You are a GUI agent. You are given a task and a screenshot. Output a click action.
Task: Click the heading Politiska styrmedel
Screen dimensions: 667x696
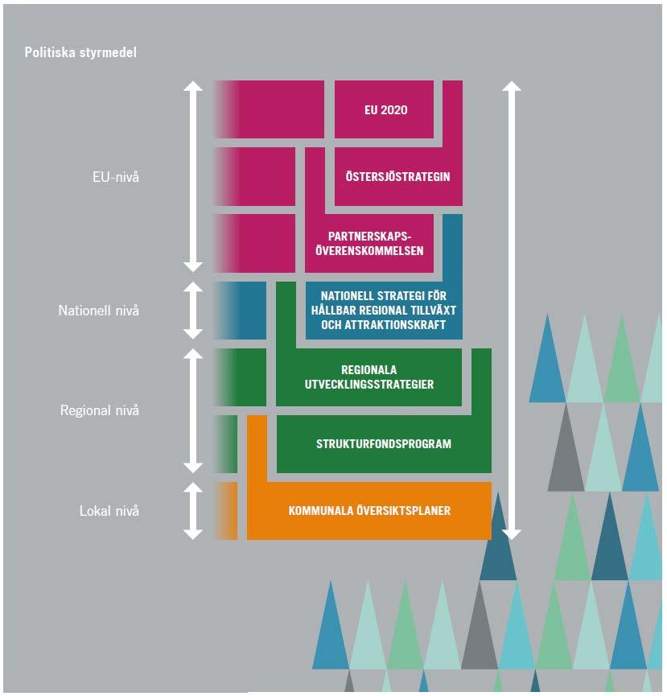pyautogui.click(x=80, y=52)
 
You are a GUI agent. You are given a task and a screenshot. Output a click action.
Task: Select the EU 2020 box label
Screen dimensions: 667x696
pyautogui.click(x=385, y=110)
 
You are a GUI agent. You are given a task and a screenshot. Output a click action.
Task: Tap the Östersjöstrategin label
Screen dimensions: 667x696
pyautogui.click(x=397, y=176)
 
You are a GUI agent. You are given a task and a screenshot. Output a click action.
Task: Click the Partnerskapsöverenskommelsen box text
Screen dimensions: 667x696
pyautogui.click(x=369, y=243)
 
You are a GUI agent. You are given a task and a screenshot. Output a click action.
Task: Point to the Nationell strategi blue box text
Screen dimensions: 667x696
pyautogui.click(x=384, y=310)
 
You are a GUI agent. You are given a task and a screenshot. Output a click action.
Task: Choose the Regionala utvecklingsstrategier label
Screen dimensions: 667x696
pyautogui.click(x=368, y=377)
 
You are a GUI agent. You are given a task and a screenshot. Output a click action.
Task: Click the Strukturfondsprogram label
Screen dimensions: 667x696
pyautogui.click(x=384, y=443)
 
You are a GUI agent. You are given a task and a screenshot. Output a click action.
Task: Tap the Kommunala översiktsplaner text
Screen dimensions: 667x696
pyautogui.click(x=369, y=510)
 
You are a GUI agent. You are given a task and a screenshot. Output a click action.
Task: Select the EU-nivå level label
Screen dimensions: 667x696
pyautogui.click(x=115, y=177)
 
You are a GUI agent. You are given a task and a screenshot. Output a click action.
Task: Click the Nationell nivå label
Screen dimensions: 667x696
pyautogui.click(x=98, y=311)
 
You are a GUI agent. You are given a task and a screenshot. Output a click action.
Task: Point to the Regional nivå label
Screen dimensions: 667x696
pyautogui.click(x=100, y=410)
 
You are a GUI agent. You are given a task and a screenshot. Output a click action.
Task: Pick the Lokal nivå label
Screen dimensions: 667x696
pyautogui.click(x=109, y=511)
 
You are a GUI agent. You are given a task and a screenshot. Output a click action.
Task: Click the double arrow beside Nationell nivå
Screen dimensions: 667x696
pyautogui.click(x=193, y=311)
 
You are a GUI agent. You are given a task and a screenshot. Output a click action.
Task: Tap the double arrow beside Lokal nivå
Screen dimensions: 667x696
pyautogui.click(x=193, y=511)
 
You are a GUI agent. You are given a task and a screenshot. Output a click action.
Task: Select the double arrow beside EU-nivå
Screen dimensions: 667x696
pyautogui.click(x=193, y=176)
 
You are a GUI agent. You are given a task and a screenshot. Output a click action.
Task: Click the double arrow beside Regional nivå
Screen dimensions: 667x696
pyautogui.click(x=193, y=410)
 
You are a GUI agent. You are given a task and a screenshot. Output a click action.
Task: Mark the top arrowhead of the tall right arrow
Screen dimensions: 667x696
pyautogui.click(x=512, y=85)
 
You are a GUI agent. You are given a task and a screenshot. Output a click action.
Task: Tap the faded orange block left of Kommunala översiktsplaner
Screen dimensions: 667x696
pyautogui.click(x=226, y=511)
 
